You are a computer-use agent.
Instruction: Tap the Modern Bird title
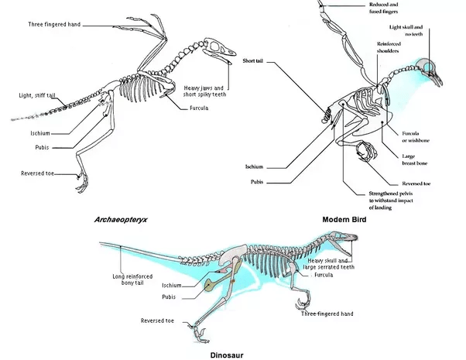click(344, 220)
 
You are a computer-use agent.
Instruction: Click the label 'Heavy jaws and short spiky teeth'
click(204, 91)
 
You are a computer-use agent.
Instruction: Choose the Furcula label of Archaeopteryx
click(199, 108)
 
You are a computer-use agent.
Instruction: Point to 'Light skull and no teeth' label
click(407, 31)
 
